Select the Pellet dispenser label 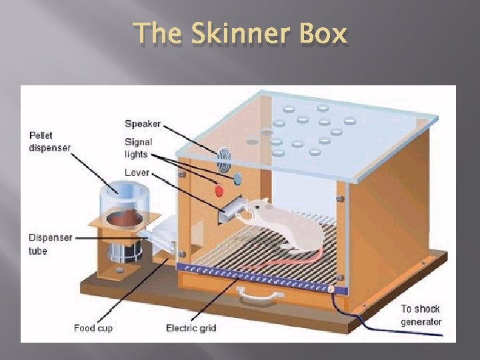coord(49,141)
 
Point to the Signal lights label coord(138,147)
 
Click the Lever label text coord(136,173)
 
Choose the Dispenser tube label coord(49,244)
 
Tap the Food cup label coord(93,328)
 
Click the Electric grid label coord(191,328)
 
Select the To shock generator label coord(421,315)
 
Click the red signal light coord(219,191)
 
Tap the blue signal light coord(237,178)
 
